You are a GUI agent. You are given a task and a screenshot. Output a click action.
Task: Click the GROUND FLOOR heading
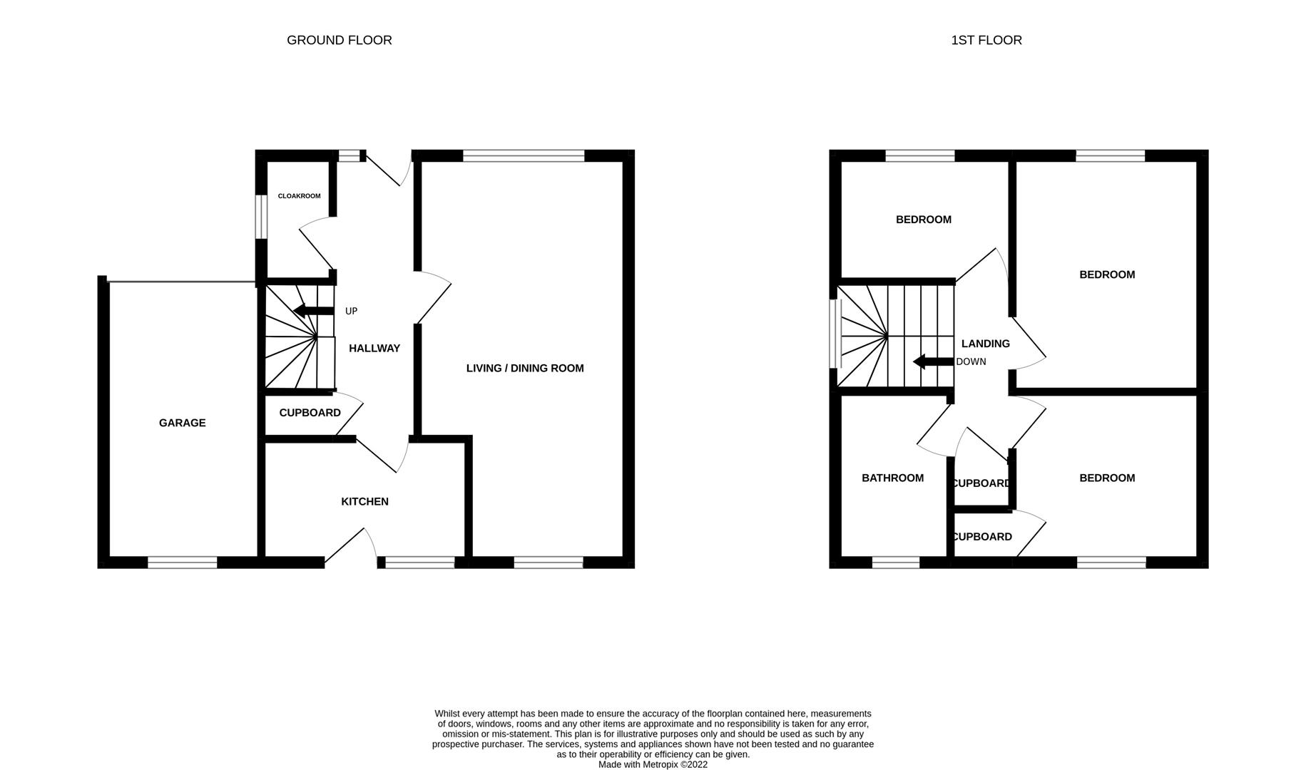pos(339,40)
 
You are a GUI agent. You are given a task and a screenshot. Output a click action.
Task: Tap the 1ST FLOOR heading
pos(986,40)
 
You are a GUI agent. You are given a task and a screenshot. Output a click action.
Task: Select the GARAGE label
pos(182,423)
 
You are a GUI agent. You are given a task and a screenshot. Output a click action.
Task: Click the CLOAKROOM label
pos(299,196)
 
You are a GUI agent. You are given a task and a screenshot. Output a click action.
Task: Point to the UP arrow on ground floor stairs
pos(314,311)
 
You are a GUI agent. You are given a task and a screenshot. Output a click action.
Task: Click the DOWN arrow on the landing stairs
pos(933,361)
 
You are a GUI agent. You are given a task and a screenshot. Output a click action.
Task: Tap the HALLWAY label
pos(374,348)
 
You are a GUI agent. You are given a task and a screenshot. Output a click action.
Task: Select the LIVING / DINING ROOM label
pos(524,368)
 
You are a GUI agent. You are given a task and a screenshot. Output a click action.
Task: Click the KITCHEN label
pos(364,501)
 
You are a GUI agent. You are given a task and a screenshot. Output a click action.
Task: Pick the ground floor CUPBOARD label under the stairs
pos(310,413)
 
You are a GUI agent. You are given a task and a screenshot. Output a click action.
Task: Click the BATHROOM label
pos(892,478)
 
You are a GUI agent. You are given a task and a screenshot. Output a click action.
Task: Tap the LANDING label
pos(985,344)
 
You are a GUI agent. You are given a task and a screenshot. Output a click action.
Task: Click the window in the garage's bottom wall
pos(183,563)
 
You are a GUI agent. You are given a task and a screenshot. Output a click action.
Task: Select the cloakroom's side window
pos(261,215)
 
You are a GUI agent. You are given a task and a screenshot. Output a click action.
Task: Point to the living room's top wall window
pos(524,155)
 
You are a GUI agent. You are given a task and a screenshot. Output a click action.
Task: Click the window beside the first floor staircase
pos(835,334)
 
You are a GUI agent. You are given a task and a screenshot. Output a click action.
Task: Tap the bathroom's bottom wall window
pos(896,563)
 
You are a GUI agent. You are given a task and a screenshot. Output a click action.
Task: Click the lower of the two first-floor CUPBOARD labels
pos(982,537)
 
